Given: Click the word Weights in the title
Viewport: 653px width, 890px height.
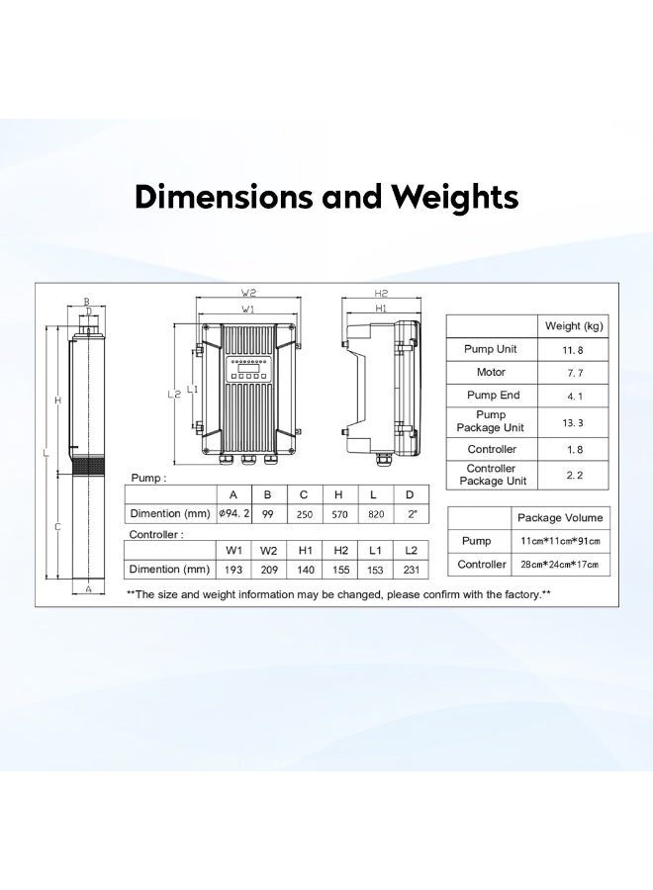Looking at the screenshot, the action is click(x=454, y=198).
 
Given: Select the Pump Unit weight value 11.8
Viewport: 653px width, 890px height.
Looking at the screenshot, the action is click(x=573, y=350).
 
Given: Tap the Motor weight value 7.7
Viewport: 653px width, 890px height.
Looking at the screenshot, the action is click(x=575, y=373).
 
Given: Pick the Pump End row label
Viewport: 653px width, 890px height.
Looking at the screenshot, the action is click(x=493, y=395).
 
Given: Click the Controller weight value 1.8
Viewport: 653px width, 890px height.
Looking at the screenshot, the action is click(x=575, y=450).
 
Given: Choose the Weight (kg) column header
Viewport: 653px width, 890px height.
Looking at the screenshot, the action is click(x=574, y=325).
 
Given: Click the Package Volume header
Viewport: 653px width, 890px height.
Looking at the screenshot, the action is click(x=559, y=517).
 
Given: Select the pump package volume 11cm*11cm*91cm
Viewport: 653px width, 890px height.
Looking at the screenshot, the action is click(x=560, y=541).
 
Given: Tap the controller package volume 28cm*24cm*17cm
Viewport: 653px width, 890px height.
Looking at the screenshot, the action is click(x=559, y=565).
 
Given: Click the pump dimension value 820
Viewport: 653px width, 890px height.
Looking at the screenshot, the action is click(x=376, y=514).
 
